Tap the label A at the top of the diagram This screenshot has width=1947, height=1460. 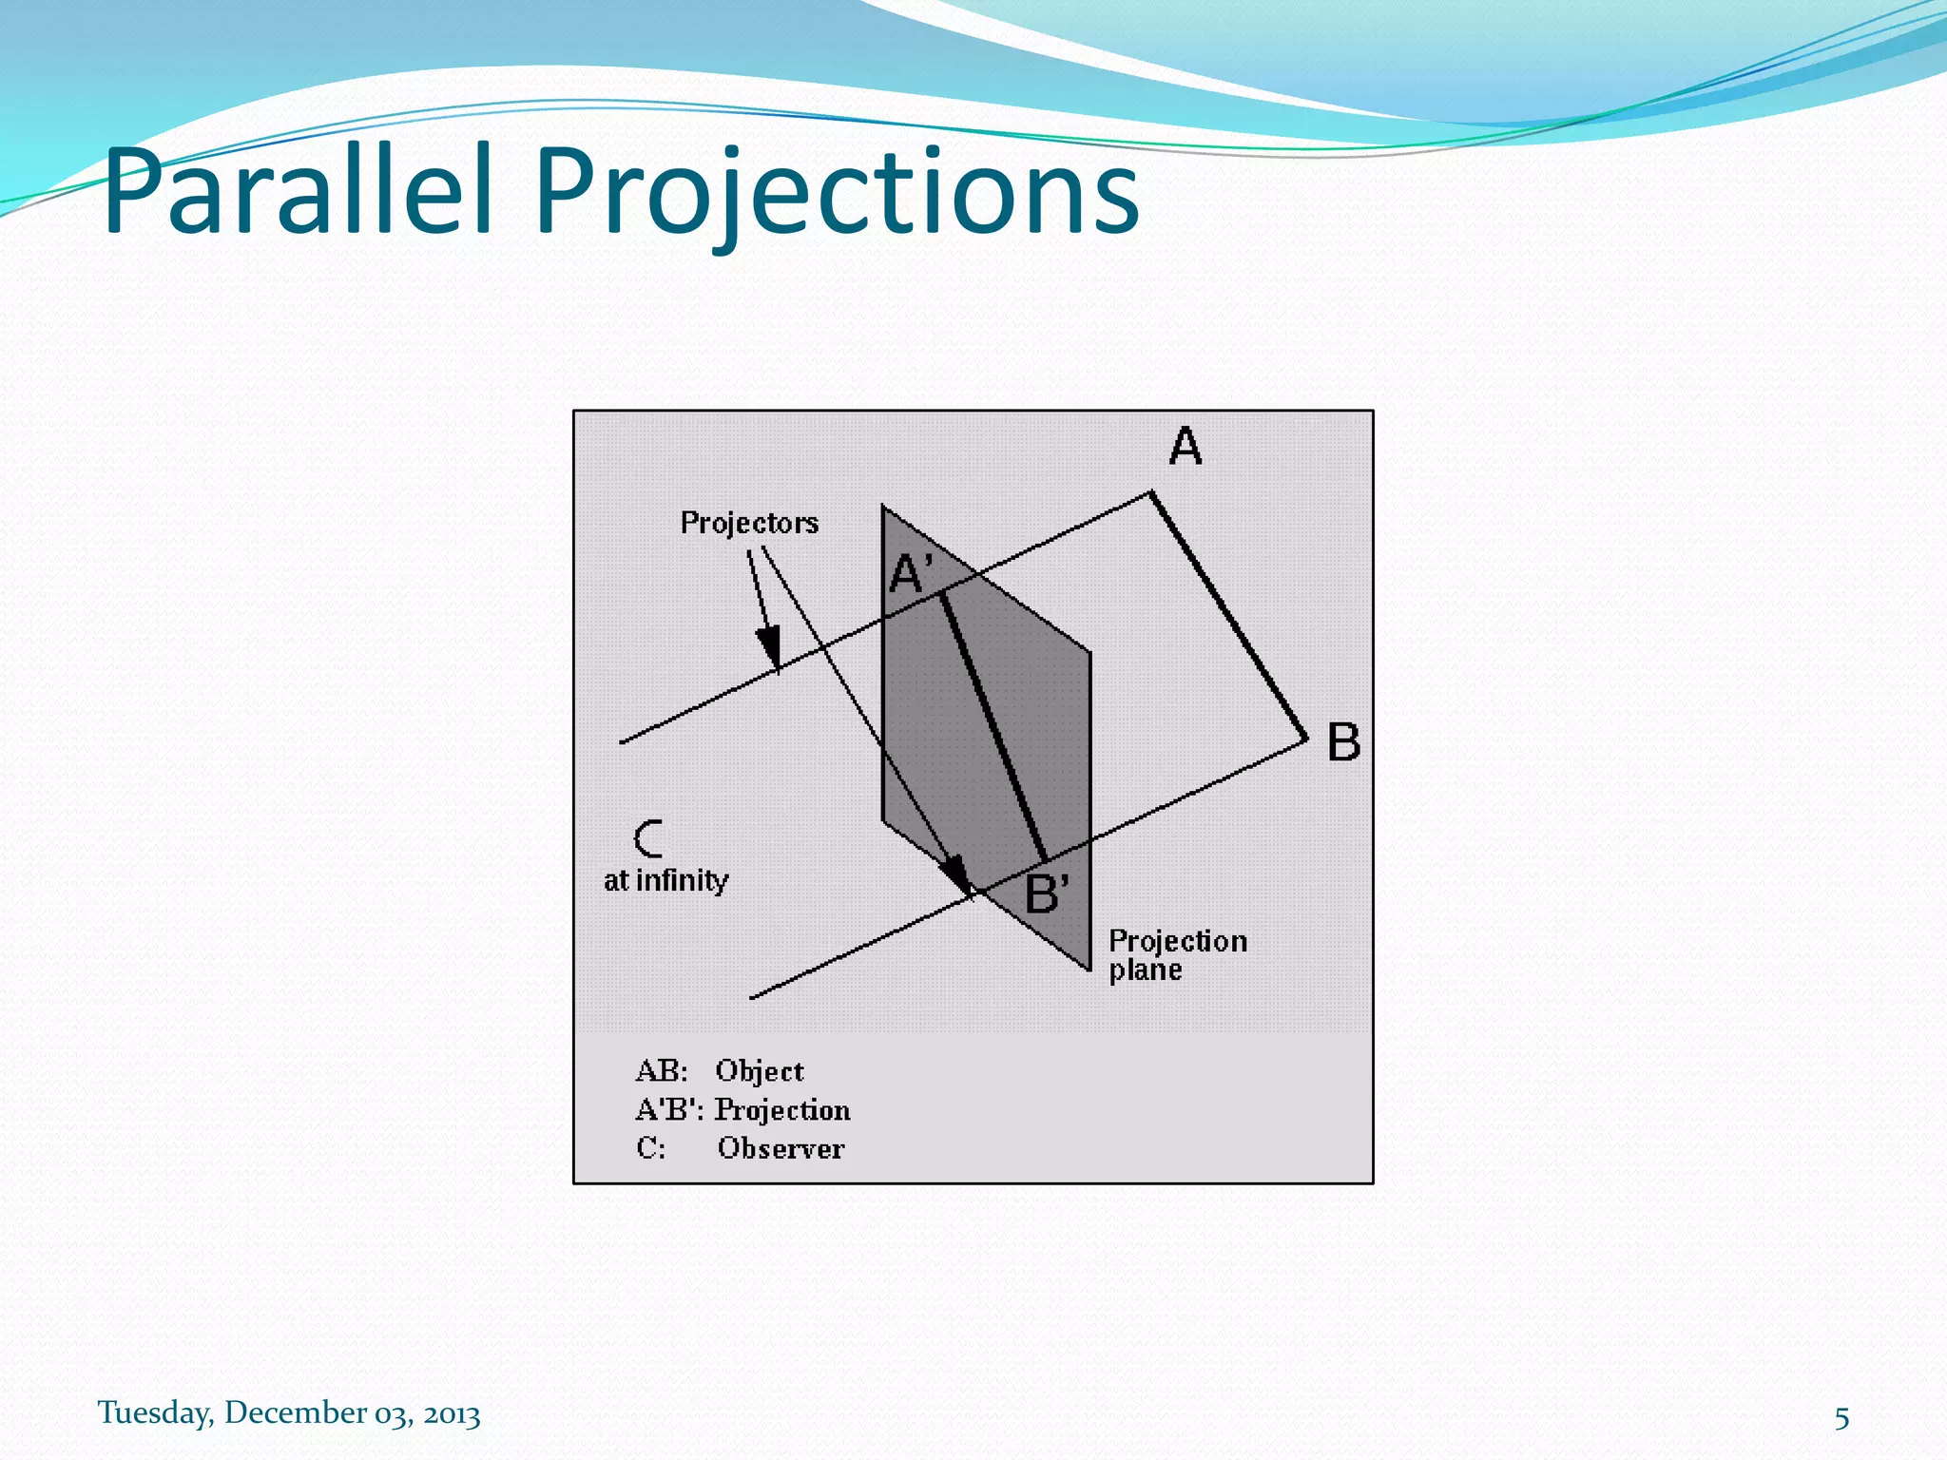(1185, 445)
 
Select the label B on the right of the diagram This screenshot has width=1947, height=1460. (1342, 742)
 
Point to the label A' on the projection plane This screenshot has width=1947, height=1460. (910, 574)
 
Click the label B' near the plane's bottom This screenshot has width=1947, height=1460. (1046, 893)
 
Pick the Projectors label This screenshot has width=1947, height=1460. (749, 523)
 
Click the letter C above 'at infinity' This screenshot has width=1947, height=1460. (648, 838)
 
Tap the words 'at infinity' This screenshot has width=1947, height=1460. (665, 881)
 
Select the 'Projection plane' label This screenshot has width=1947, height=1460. (1176, 954)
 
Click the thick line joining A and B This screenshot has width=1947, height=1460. (1228, 615)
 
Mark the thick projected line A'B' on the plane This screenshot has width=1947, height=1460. (993, 727)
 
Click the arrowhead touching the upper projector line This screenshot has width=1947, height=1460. (769, 647)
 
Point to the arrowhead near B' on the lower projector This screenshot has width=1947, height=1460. (956, 874)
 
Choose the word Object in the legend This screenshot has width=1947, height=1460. (759, 1071)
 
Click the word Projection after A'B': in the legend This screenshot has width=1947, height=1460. (781, 1110)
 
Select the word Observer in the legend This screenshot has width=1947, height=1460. (781, 1148)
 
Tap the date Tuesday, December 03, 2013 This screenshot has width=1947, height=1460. (289, 1412)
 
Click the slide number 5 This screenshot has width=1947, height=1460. (1841, 1418)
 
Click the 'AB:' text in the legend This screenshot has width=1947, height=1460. (661, 1071)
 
